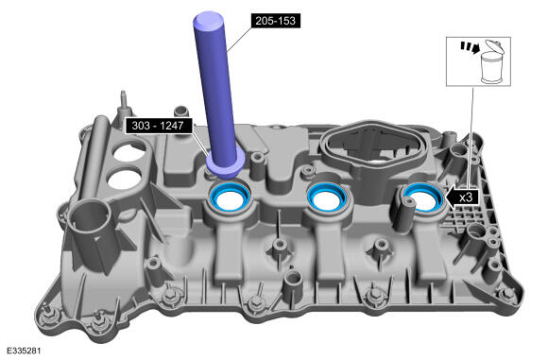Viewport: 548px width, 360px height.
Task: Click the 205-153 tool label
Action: (275, 21)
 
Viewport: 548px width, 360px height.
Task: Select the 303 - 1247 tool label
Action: (159, 125)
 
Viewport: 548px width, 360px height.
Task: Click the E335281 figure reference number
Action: (24, 351)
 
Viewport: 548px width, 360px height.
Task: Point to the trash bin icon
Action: (491, 63)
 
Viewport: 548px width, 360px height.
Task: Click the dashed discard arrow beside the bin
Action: (469, 47)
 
